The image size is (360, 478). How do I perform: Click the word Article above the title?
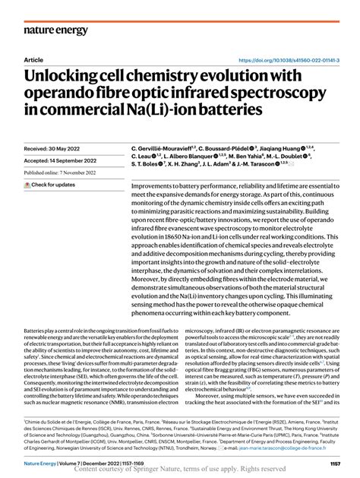pos(34,59)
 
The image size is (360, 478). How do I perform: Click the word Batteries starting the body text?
pos(38,331)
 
